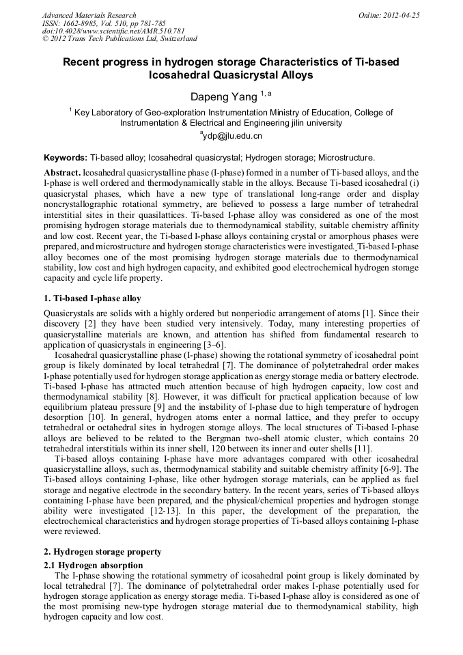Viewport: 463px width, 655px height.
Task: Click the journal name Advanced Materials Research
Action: click(x=89, y=15)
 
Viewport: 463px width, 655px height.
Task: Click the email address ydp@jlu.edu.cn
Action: click(x=232, y=136)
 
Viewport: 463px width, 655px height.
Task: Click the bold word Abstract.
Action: click(x=62, y=173)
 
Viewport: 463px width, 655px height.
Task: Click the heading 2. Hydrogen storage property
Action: click(x=102, y=551)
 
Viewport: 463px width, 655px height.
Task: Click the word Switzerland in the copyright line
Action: click(x=173, y=39)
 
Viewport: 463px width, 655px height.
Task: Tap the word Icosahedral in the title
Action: click(x=182, y=75)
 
